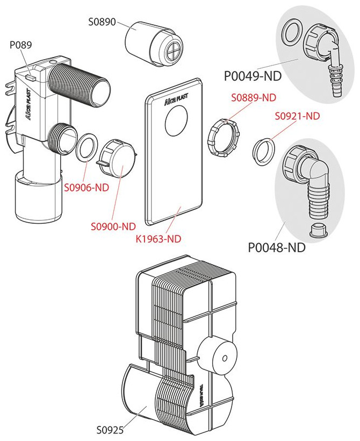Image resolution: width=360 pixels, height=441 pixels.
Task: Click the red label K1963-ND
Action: pos(161,237)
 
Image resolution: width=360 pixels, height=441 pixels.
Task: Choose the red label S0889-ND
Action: pos(253,98)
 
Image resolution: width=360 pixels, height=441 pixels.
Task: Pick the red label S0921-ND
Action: pos(297,116)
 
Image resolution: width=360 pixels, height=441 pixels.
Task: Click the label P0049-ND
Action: pos(253,76)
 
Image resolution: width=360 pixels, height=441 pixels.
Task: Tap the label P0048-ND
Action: pos(277,248)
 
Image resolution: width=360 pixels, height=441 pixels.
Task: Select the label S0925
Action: pos(111,430)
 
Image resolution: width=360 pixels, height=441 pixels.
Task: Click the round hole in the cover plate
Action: pos(175,122)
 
